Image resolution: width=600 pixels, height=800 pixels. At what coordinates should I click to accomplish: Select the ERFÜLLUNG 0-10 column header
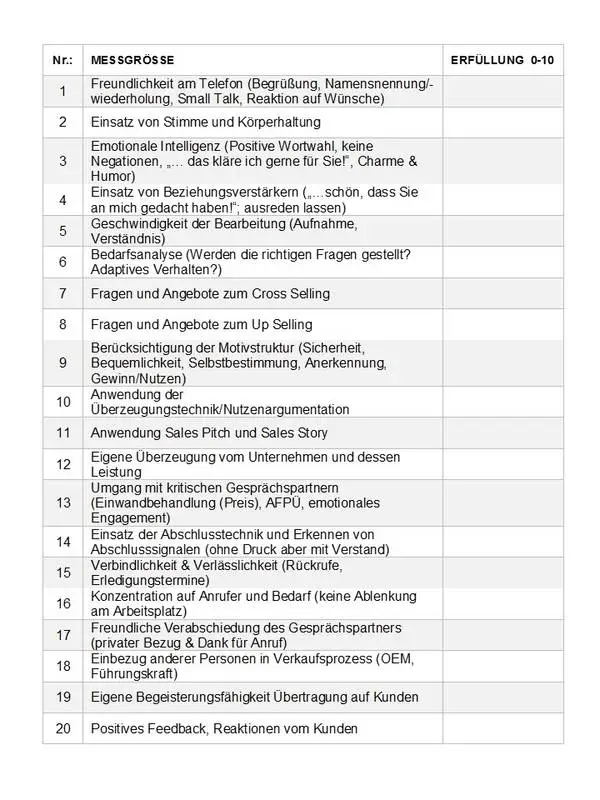(502, 61)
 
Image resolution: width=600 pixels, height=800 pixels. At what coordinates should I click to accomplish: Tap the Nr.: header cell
(62, 61)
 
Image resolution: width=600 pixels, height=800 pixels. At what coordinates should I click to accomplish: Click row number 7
(62, 294)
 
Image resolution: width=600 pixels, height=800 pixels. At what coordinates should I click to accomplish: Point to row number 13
(62, 502)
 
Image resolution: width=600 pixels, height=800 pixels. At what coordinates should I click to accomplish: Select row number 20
(62, 728)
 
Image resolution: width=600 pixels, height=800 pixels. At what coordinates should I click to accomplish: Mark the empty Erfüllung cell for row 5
(502, 231)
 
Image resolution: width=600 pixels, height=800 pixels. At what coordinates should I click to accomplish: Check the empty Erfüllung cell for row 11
(502, 433)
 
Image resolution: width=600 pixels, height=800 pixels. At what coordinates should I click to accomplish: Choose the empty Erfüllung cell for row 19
(502, 696)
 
